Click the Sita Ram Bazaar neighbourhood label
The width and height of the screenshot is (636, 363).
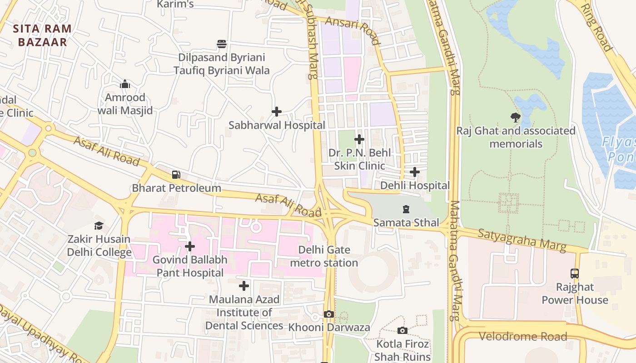click(42, 35)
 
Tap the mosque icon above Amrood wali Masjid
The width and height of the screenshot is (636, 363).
click(125, 84)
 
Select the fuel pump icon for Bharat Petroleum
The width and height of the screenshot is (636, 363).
click(176, 175)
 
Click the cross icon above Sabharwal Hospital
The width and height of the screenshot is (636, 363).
click(276, 112)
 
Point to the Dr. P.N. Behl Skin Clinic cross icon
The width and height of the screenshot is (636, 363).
click(359, 139)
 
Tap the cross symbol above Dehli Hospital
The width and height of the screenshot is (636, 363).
click(414, 172)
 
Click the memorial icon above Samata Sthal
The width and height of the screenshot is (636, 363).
click(406, 209)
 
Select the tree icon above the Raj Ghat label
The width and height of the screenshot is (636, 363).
click(515, 118)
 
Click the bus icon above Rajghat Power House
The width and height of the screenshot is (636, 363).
click(575, 274)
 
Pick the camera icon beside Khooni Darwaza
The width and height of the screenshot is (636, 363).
click(329, 314)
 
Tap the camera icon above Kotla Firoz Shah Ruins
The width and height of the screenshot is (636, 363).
click(402, 330)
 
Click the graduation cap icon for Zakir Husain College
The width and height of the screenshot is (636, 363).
click(99, 226)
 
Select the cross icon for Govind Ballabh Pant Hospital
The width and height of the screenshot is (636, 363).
click(190, 246)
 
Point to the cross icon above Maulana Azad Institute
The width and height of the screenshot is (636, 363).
click(244, 286)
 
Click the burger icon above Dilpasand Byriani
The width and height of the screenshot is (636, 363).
click(222, 44)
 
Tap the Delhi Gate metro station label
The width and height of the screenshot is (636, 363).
click(324, 256)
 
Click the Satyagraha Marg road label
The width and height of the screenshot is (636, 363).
click(522, 240)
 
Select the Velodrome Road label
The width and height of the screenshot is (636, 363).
click(523, 336)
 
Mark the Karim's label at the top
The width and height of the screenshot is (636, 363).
click(175, 5)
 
